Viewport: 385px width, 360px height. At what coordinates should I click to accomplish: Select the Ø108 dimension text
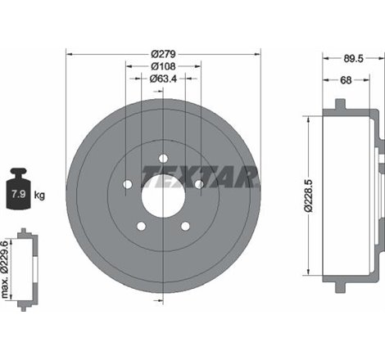(x=164, y=66)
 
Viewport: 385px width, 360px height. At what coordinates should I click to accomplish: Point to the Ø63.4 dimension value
(x=164, y=79)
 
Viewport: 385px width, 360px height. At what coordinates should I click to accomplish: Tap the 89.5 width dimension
(x=353, y=57)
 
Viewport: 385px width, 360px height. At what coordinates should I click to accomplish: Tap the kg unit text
(x=39, y=196)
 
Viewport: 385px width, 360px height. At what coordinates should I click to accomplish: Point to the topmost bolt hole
(x=164, y=158)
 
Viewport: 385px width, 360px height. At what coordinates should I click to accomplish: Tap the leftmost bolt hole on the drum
(x=127, y=184)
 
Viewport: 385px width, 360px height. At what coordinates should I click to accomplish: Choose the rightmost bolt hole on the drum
(x=199, y=184)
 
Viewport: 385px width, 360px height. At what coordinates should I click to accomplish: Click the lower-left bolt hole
(x=141, y=227)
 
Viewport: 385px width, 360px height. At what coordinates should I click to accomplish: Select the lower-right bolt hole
(x=186, y=227)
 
